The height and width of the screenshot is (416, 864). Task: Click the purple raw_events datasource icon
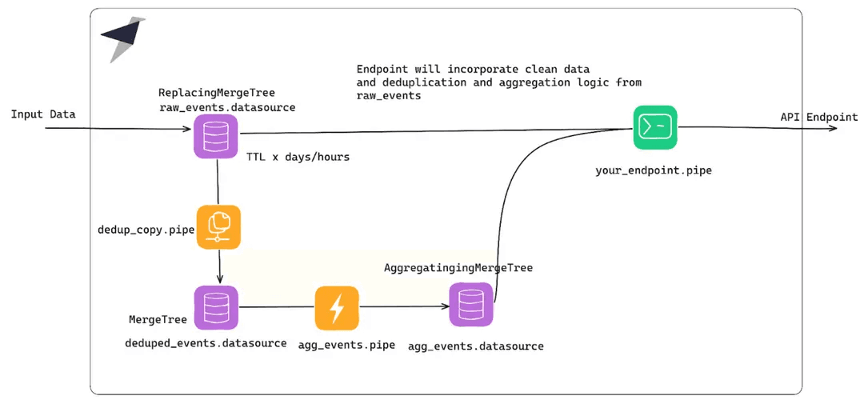click(216, 136)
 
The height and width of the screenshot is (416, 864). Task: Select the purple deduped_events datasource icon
click(216, 307)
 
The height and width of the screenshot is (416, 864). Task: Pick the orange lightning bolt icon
click(337, 308)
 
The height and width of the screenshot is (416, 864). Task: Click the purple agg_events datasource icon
click(471, 305)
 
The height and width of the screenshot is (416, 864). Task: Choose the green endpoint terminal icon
click(655, 127)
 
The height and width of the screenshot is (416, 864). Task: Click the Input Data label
click(43, 114)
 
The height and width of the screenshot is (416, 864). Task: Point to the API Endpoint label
click(818, 117)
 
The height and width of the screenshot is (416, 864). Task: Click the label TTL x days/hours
click(298, 157)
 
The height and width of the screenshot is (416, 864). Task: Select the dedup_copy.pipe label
click(146, 230)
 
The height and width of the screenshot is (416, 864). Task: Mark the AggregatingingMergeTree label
click(458, 268)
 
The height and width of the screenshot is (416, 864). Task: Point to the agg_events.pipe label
click(346, 345)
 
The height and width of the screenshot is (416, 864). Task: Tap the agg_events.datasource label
click(475, 346)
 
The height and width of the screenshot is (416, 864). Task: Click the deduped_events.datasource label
click(206, 343)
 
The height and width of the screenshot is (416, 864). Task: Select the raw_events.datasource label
click(226, 107)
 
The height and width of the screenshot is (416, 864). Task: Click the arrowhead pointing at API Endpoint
click(833, 127)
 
